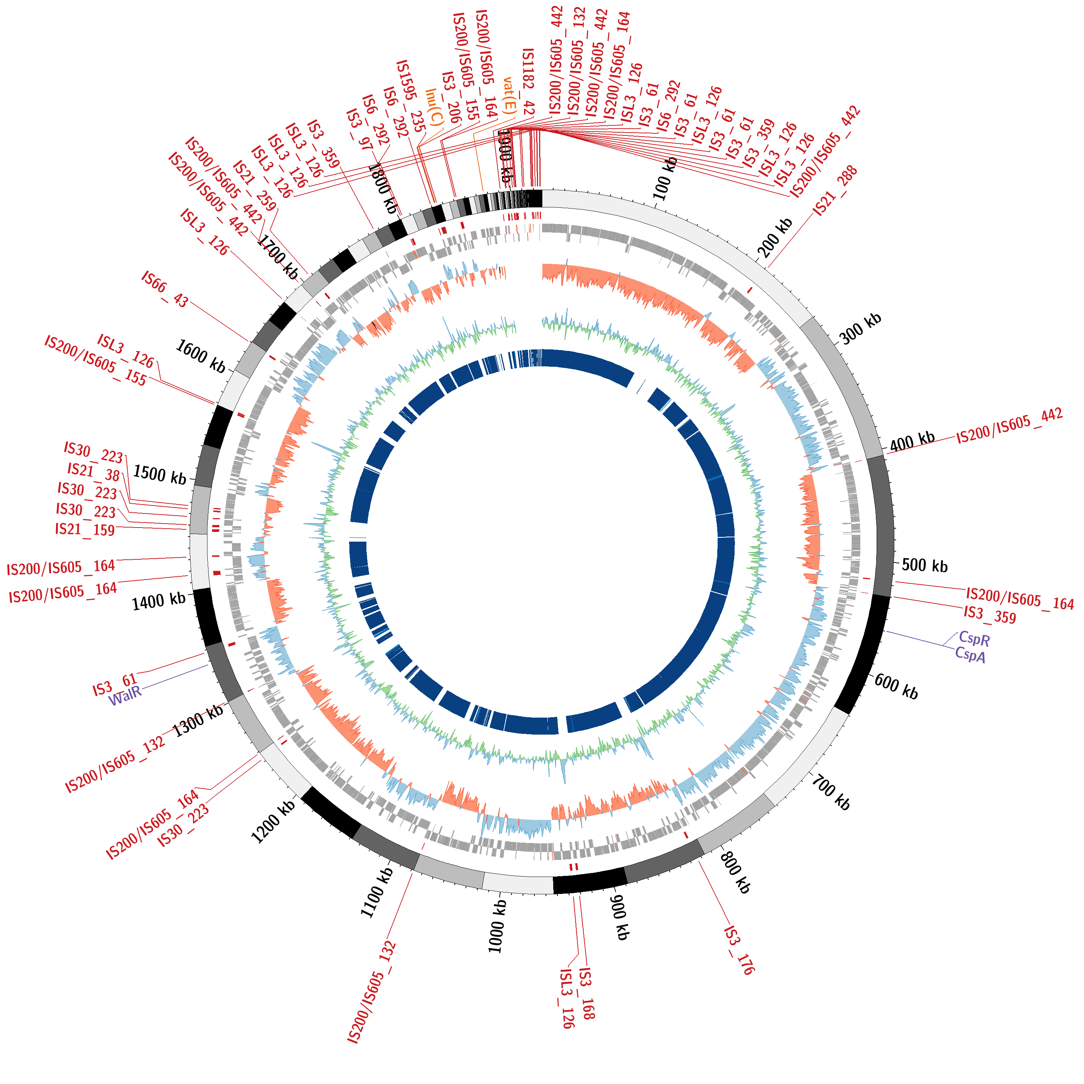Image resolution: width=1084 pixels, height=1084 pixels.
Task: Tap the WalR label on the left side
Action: tap(125, 697)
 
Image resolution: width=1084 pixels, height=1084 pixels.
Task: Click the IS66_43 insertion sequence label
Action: tap(165, 289)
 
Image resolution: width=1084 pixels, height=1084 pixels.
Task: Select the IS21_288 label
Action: tap(835, 191)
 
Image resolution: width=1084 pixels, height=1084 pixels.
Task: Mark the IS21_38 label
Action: tap(94, 472)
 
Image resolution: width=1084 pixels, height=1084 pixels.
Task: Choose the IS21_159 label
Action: tap(85, 530)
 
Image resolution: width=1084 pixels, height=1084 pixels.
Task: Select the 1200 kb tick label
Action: tap(273, 821)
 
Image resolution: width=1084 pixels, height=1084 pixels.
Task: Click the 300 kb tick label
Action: tap(860, 328)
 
